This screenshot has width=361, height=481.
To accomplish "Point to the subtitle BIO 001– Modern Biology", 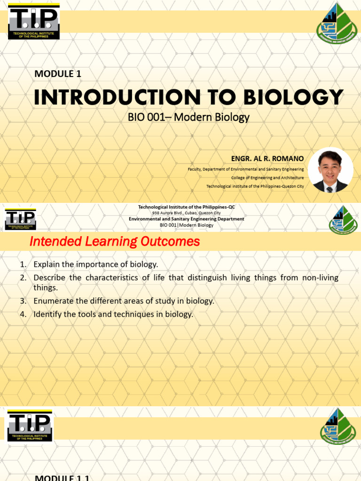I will [x=188, y=117].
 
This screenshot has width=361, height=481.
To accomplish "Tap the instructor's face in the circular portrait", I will [x=330, y=167].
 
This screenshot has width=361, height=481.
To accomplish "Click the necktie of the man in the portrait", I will [x=330, y=189].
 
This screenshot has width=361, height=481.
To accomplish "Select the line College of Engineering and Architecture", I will [x=267, y=178].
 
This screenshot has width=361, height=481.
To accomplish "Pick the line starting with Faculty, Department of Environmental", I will [x=246, y=169].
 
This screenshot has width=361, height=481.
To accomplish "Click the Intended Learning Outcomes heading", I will [x=115, y=242].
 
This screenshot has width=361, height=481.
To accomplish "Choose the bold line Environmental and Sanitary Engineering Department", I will [x=186, y=219].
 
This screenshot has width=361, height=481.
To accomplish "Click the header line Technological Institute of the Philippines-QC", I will [x=186, y=207].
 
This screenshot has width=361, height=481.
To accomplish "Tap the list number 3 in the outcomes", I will [x=23, y=301].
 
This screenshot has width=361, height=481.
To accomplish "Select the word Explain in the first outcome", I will [x=46, y=264].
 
